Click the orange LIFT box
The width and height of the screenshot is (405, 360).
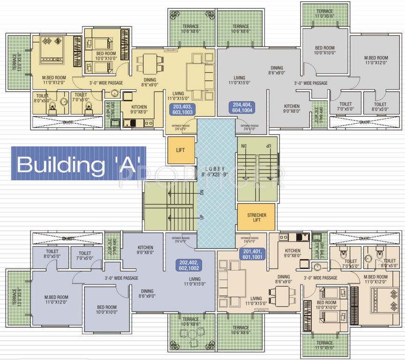click(x=181, y=150)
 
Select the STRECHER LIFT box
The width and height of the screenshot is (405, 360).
click(x=256, y=216)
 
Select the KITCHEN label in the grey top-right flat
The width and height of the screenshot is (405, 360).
click(x=291, y=109)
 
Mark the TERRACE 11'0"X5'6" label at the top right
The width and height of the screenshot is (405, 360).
click(x=324, y=14)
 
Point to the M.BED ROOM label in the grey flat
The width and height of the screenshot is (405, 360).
click(x=376, y=60)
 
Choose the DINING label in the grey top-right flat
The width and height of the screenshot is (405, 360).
click(x=276, y=70)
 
